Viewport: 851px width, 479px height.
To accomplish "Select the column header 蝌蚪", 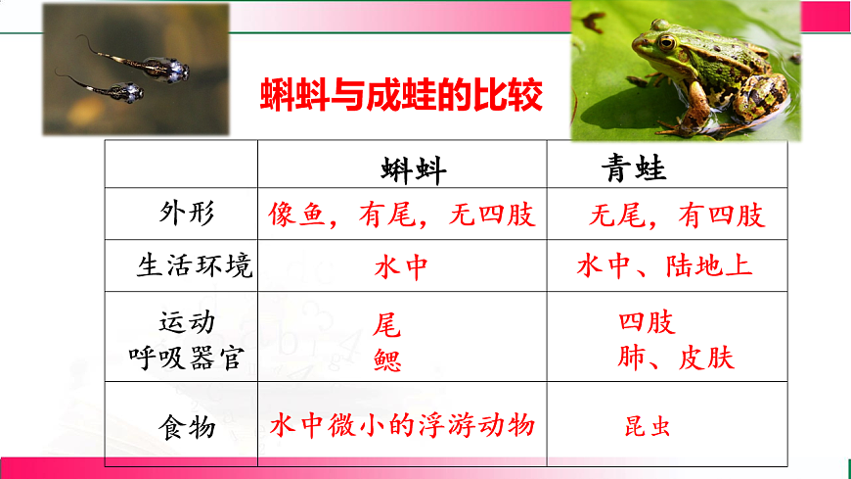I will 413,169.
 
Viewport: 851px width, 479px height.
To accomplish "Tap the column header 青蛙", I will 633,169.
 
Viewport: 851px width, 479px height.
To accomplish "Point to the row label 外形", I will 186,215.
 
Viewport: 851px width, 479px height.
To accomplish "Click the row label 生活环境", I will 194,265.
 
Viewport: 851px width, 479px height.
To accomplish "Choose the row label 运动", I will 186,322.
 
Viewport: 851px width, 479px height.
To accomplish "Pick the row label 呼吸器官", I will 186,358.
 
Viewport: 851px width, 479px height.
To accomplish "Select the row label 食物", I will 186,428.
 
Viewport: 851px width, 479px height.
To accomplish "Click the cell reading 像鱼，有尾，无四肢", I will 402,215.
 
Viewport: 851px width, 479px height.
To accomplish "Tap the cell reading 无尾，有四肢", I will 676,215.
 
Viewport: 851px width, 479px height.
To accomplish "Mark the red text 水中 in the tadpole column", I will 401,266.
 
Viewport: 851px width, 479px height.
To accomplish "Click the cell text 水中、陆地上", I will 664,265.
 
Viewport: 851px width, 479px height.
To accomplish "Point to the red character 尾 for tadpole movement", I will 386,324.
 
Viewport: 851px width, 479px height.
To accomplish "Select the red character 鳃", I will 386,360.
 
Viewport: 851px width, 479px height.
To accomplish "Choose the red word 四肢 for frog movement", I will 647,322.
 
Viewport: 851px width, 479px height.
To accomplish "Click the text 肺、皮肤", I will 675,358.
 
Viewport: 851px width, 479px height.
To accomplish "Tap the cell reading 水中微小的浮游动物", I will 402,426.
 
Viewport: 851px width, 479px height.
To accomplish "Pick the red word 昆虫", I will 648,427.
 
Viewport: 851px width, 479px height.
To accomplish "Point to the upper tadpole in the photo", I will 157,67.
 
